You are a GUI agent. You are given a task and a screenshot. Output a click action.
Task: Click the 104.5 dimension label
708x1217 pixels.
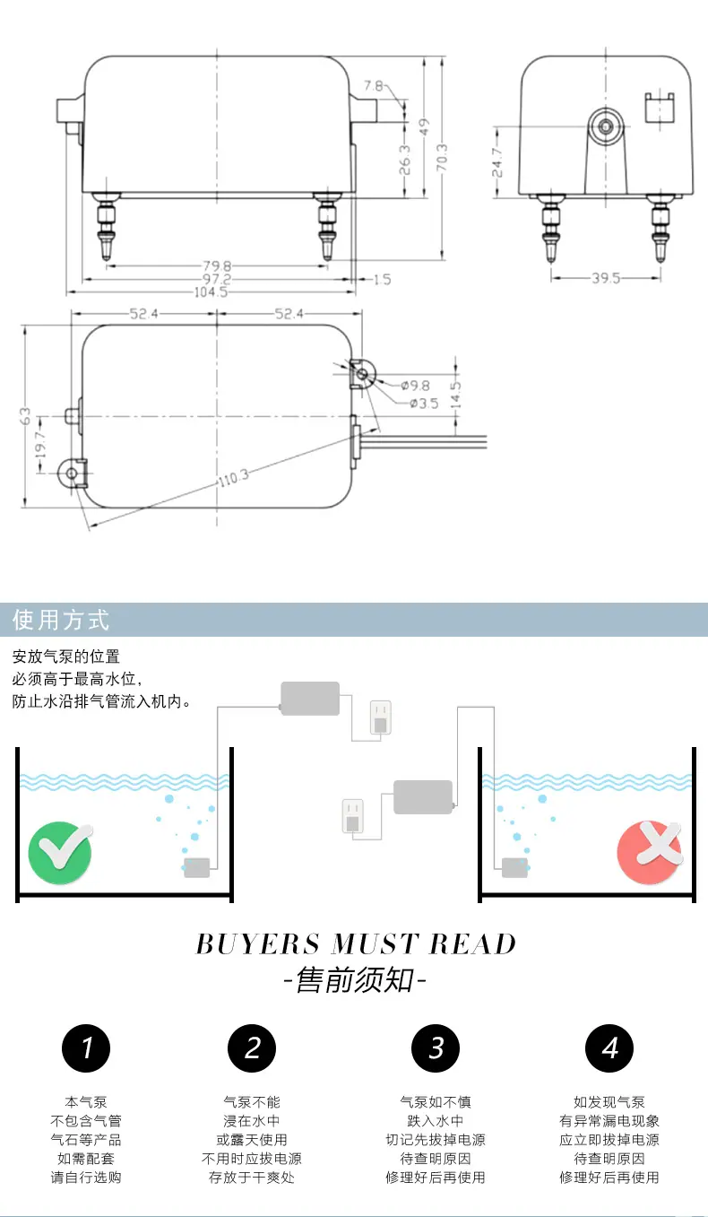point(211,292)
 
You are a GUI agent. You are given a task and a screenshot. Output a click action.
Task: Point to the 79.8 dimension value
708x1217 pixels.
point(217,266)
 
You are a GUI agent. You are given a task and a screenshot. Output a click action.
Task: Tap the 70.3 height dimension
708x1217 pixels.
point(442,158)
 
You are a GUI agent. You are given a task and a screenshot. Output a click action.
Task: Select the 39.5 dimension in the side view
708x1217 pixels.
point(606,278)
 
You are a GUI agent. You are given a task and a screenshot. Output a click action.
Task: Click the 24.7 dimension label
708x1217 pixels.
point(497,163)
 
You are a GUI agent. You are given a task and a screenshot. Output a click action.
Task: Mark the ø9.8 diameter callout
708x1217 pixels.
point(416,386)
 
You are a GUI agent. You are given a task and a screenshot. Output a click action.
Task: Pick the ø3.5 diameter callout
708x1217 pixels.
point(424,404)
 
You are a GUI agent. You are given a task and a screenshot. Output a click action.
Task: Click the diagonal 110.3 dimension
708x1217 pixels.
point(234,478)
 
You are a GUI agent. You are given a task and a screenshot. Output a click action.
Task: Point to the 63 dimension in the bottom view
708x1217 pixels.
point(25,416)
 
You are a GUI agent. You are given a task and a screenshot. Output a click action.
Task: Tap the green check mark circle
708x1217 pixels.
point(60,853)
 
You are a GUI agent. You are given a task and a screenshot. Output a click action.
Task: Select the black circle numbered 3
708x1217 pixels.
point(436,1048)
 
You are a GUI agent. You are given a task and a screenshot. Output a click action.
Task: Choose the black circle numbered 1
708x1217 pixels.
point(86,1048)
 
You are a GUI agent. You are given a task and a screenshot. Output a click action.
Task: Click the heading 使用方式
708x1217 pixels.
point(61,620)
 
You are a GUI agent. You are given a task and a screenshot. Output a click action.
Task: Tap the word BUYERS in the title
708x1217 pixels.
point(258,944)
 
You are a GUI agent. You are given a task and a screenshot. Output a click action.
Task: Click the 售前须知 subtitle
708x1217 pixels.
point(355,980)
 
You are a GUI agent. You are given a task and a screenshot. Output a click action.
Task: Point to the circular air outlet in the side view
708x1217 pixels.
point(605,126)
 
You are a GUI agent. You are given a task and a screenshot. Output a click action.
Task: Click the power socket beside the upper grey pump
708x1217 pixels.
point(380,717)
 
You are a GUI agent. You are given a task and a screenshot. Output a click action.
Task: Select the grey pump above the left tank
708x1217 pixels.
point(310,699)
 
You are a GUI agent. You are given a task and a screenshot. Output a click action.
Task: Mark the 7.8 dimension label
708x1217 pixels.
point(373,86)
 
